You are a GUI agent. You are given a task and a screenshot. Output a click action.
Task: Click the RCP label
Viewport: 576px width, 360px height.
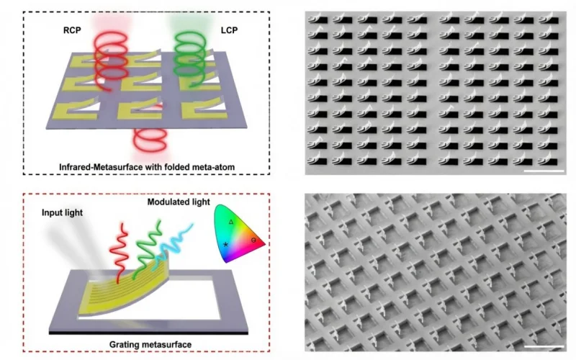72,30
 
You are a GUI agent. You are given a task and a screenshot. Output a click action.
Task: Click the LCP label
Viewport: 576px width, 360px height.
229,30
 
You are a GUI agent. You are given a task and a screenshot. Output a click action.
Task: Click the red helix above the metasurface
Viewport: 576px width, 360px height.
110,60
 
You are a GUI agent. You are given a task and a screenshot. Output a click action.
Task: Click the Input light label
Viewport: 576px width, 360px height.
62,212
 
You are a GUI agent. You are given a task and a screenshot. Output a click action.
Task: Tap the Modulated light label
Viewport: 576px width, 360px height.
179,202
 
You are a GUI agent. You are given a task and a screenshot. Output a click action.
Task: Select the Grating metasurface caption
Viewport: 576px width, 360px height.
150,345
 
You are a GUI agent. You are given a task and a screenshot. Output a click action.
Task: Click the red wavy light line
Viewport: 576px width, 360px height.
119,253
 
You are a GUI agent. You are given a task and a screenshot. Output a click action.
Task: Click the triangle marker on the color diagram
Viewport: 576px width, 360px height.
231,222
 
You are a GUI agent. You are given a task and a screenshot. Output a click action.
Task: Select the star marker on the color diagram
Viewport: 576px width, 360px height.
225,244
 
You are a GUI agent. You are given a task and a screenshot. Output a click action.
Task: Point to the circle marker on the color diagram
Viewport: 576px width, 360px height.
253,240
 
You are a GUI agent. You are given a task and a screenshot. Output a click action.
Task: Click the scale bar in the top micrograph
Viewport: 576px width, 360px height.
544,171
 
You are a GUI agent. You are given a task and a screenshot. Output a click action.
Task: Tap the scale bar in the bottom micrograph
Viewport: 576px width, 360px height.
544,346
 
